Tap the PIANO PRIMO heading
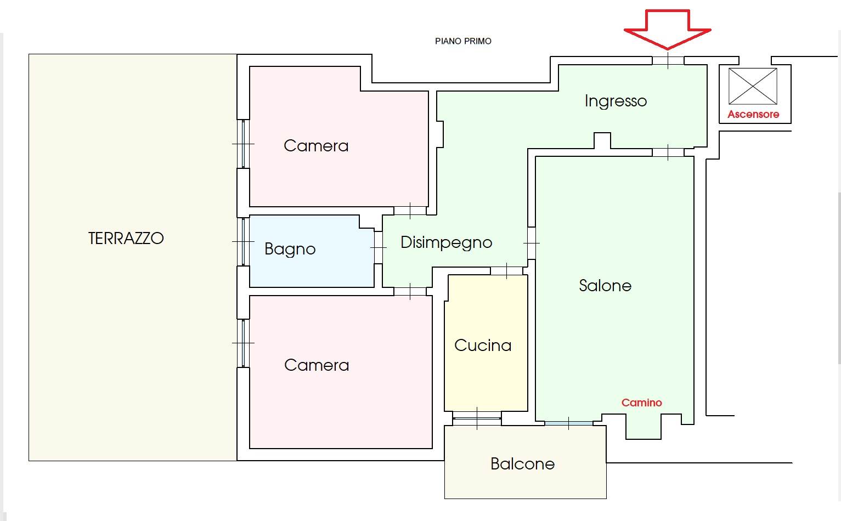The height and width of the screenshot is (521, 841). (x=463, y=41)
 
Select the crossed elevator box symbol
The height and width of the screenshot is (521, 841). (x=753, y=86)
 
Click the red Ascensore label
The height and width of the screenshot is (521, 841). (x=753, y=114)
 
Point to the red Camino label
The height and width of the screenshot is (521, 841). (x=641, y=403)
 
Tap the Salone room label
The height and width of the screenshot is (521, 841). (x=605, y=286)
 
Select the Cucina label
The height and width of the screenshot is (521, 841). (x=483, y=346)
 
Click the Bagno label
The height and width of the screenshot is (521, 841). (x=290, y=249)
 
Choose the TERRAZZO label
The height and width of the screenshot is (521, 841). (x=126, y=239)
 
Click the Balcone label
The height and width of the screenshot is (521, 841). (x=522, y=464)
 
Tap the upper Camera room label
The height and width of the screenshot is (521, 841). (x=316, y=146)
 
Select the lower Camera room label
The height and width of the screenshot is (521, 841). (x=317, y=365)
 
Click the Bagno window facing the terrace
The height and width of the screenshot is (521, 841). (x=243, y=242)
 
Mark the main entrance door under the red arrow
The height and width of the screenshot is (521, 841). (x=668, y=60)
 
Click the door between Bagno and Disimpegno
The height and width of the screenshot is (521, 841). (x=378, y=248)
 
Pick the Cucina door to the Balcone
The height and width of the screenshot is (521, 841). (x=477, y=418)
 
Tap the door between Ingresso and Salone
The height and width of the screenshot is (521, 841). (x=668, y=152)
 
